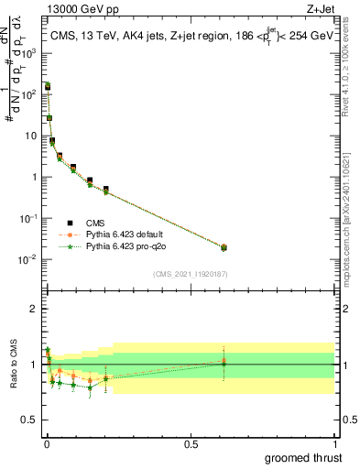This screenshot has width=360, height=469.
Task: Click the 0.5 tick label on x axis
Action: pyautogui.click(x=191, y=443)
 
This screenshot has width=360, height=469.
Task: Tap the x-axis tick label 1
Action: pyautogui.click(x=334, y=443)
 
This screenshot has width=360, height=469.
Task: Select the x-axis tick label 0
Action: pyautogui.click(x=47, y=443)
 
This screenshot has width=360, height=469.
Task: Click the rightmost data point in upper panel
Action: pyautogui.click(x=224, y=247)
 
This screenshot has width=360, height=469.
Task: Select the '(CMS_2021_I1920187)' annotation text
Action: pyautogui.click(x=190, y=274)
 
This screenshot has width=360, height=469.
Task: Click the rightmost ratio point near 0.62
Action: pyautogui.click(x=224, y=363)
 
